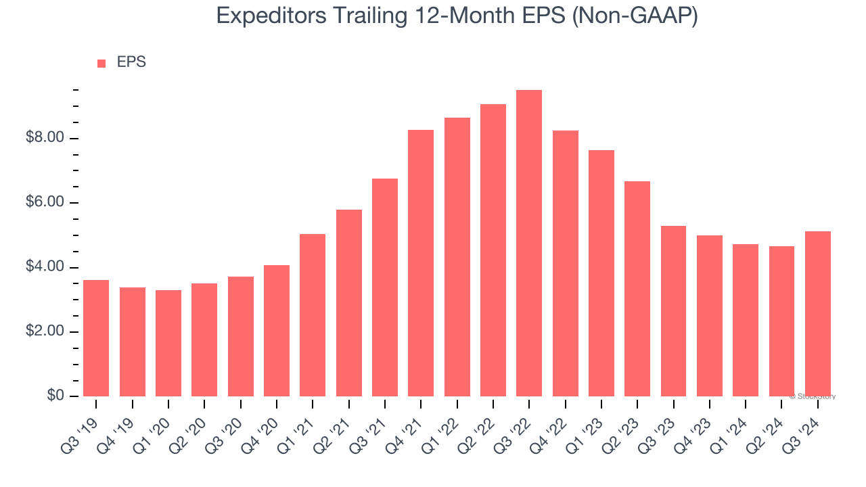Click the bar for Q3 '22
(529, 243)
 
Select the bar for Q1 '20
(168, 343)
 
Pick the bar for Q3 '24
(817, 314)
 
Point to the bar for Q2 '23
(637, 289)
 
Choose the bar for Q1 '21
(313, 315)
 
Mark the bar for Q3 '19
(96, 338)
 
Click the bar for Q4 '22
(565, 263)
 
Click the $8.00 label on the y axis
(45, 139)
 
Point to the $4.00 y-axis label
(45, 268)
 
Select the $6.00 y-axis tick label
(45, 203)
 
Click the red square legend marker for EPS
(101, 64)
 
